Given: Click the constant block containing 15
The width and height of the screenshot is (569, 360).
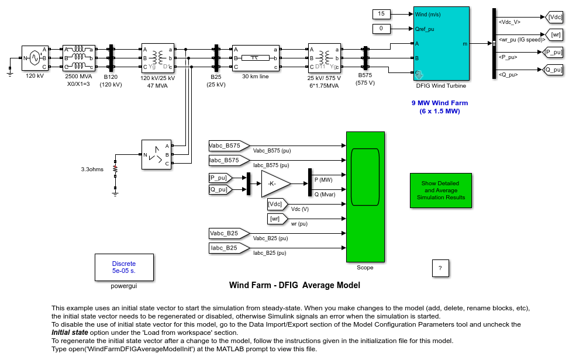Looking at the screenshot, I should pos(381,14).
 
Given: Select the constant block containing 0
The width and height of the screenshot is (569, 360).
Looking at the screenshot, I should pos(381,29).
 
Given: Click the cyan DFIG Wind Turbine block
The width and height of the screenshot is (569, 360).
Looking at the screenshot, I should pos(442,43).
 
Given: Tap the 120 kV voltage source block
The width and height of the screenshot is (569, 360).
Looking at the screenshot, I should pos(34,58).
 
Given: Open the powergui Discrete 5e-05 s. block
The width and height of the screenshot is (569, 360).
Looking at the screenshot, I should pos(124,267).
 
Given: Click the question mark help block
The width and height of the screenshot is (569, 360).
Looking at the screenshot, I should pos(440,268).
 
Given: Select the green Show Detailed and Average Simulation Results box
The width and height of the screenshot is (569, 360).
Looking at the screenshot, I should pos(441,191).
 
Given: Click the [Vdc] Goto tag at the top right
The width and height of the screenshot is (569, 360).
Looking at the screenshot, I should pos(554,18).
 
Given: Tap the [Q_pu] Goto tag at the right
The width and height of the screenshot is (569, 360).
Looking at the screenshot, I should pos(553,70).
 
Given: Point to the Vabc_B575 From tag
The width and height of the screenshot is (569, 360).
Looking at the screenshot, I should pos(228,146).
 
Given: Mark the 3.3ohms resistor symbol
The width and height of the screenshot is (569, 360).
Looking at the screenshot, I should pos(115,170).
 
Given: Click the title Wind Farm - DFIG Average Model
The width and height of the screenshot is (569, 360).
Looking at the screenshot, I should pos(294,286).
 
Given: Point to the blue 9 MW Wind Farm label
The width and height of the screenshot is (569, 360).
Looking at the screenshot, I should pos(440,107).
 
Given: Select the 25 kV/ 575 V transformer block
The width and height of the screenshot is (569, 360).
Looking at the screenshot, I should pos(324,58).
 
